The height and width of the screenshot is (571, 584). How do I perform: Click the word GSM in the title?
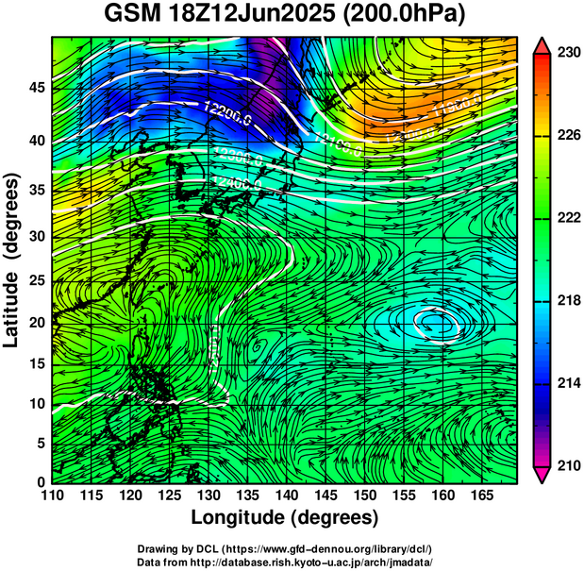click(132, 14)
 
